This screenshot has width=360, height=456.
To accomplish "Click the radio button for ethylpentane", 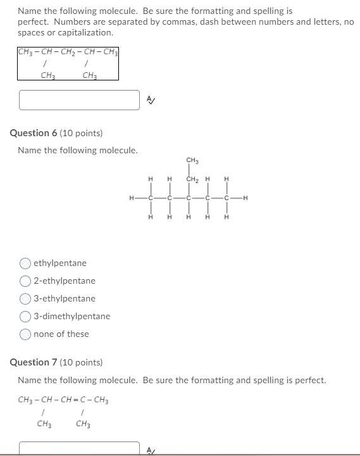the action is [x=25, y=263].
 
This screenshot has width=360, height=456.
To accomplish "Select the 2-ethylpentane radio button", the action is [x=25, y=281].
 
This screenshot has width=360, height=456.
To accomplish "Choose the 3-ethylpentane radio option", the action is [x=25, y=298].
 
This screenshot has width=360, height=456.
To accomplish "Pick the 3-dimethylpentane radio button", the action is [x=25, y=316].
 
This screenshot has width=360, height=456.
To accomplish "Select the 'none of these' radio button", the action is [x=25, y=334].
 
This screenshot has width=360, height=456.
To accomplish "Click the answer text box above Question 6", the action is [x=79, y=100].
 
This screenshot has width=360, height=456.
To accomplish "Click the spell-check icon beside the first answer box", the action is [x=150, y=99].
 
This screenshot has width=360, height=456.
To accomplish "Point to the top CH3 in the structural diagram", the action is [x=192, y=160].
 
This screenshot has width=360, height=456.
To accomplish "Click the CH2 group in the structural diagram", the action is [x=192, y=179].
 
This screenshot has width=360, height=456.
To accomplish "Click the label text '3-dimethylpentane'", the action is [x=71, y=316].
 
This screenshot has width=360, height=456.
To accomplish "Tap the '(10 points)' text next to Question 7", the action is [x=82, y=362].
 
